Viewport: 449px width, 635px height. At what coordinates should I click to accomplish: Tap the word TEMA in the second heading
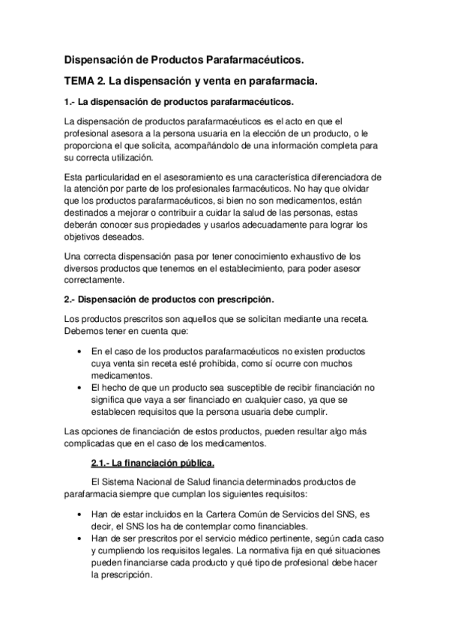tap(80, 79)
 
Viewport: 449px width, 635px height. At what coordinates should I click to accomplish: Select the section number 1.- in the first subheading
tap(70, 101)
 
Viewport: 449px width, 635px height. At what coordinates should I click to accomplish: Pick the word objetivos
tap(85, 237)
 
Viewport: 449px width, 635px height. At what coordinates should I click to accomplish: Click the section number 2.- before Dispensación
tap(70, 300)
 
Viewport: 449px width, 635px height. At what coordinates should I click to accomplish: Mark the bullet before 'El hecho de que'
tap(80, 388)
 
